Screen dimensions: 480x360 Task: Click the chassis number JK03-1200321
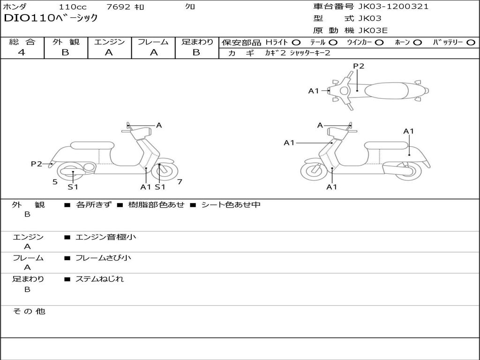point(393,7)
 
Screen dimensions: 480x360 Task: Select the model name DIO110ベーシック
point(51,18)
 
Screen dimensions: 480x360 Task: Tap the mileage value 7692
point(118,7)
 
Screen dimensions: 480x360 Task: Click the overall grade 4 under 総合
point(22,52)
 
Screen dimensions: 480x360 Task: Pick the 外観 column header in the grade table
point(66,42)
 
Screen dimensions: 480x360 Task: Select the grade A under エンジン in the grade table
point(109,52)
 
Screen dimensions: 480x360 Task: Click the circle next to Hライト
point(296,42)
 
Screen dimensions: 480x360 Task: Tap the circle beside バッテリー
point(471,42)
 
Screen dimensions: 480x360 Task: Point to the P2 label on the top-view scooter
point(359,66)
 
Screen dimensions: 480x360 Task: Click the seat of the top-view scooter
point(386,90)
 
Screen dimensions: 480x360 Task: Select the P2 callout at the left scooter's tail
point(37,164)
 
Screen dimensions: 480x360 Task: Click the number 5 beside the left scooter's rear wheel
point(55,182)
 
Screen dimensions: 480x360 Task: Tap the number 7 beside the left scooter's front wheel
point(180,181)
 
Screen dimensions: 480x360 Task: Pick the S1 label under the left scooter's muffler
point(73,187)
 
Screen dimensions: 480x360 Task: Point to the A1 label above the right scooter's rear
point(409,131)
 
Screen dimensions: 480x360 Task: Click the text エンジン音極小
point(105,237)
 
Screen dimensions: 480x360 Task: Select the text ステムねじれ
point(99,279)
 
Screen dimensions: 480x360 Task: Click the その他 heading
point(29,311)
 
